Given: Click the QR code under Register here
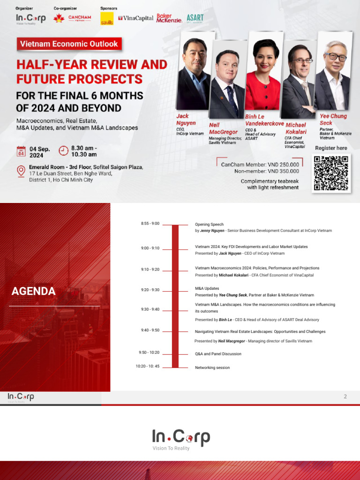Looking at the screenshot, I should coord(331,172).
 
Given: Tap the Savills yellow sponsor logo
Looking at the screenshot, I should coord(107,19).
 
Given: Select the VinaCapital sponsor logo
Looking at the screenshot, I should coord(136,18).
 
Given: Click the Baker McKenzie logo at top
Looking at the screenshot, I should coord(169,18).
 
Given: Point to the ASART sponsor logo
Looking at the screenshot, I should coord(195,18).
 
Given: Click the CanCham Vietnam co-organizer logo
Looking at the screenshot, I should coord(73,18).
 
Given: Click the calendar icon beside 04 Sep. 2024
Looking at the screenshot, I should coord(21,151).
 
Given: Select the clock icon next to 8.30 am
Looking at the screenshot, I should coord(63,150).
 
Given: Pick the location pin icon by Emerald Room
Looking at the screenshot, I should coord(21,171).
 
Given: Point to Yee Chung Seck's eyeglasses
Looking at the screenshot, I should coord(336,57).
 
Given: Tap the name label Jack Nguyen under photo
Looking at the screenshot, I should coord(186,120).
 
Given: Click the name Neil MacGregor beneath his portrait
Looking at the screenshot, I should coord(223,128).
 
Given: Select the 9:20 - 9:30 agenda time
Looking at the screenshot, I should coord(150,290).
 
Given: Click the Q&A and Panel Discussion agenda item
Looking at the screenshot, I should coord(218,354).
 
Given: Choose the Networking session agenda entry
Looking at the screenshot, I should coord(212,367).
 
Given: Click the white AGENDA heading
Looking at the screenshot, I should coord(33,291).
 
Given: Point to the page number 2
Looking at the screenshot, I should coord(345,397).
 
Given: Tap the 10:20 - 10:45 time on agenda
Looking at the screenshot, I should coord(148,366).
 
